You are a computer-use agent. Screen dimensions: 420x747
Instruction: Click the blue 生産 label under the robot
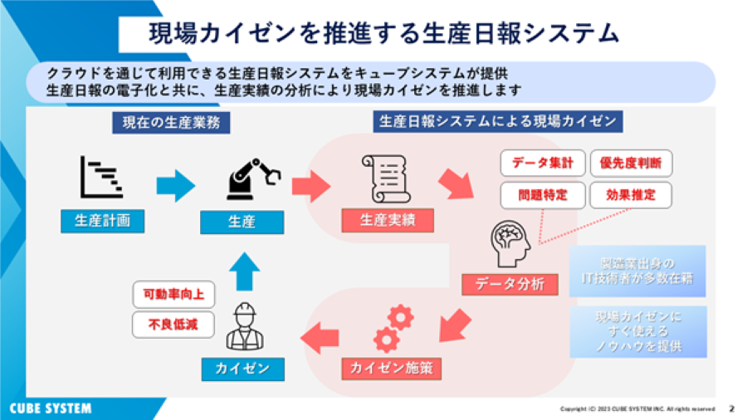(242, 222)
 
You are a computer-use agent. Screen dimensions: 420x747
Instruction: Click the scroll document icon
(384, 178)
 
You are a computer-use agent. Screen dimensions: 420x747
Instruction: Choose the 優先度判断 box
(630, 163)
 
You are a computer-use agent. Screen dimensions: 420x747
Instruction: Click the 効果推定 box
(630, 195)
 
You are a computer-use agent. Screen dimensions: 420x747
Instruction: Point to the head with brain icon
(512, 240)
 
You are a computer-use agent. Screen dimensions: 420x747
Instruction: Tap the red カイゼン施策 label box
(390, 366)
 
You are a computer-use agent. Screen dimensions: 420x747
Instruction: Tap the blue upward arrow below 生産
(243, 271)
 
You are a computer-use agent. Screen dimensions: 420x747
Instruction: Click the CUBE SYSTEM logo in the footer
(51, 408)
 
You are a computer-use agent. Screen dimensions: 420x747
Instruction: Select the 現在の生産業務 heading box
(171, 123)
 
